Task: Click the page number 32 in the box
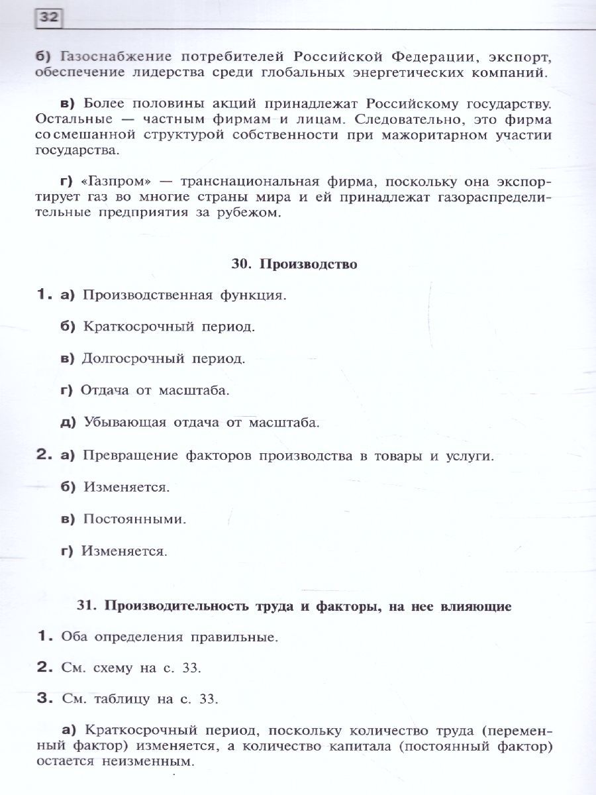(x=48, y=18)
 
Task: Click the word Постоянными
(x=134, y=519)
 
